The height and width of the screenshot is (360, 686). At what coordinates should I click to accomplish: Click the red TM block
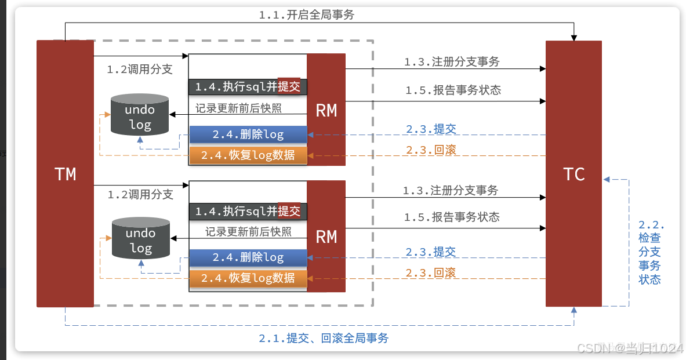point(65,173)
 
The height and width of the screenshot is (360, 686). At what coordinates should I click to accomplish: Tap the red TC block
point(574,173)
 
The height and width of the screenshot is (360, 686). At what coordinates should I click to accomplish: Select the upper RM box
point(326,110)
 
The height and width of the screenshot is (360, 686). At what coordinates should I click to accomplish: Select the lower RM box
point(326,236)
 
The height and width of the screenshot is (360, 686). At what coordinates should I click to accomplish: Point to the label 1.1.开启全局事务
point(306,16)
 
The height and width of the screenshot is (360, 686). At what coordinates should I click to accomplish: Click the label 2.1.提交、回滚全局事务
point(324,338)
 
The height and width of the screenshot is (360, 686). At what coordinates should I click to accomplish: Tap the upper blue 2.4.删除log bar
point(248,134)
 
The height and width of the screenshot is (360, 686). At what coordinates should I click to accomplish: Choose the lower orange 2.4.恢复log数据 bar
point(248,278)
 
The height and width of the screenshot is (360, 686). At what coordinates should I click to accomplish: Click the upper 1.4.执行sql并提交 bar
point(248,87)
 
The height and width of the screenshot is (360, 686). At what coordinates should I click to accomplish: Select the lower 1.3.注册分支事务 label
point(451,190)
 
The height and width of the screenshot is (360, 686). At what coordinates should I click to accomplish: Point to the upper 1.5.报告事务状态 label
point(453,90)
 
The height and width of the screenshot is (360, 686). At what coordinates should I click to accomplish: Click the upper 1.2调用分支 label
point(140,70)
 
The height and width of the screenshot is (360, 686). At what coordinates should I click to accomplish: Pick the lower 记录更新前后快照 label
point(248,232)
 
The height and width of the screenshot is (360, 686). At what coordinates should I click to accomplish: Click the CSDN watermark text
point(630,348)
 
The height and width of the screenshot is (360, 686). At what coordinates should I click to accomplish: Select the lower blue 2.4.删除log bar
point(248,257)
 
